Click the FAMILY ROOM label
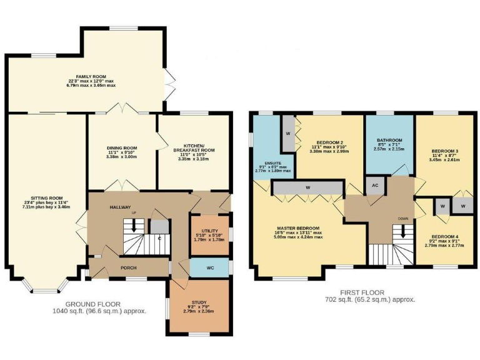click(x=92, y=77)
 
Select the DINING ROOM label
click(x=121, y=149)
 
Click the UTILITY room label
click(x=209, y=231)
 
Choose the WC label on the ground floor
click(x=209, y=267)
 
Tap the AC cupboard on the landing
click(x=375, y=186)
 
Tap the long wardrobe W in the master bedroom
click(x=307, y=187)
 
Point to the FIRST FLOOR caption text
click(x=362, y=292)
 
